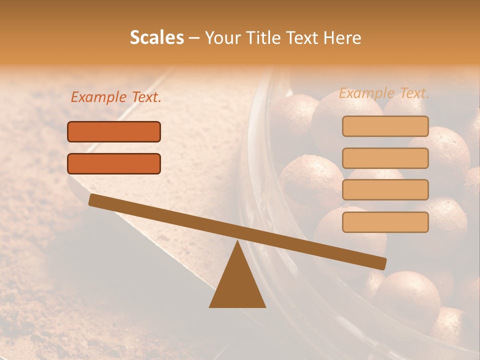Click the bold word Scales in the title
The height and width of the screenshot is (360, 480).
click(x=156, y=37)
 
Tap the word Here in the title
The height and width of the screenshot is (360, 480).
click(x=342, y=37)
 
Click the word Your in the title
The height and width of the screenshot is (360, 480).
click(x=223, y=38)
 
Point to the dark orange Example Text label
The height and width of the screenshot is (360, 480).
click(x=116, y=97)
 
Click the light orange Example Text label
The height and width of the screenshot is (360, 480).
click(x=384, y=93)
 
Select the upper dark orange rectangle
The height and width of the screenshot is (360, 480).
click(x=114, y=131)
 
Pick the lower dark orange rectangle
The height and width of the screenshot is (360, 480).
click(x=114, y=163)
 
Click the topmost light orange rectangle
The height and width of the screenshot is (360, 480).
click(x=385, y=126)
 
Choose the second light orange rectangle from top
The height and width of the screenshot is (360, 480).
click(x=385, y=158)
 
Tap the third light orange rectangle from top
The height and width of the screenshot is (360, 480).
click(x=385, y=189)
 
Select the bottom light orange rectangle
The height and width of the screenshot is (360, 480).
click(x=385, y=222)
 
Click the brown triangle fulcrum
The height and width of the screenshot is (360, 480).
click(x=237, y=285)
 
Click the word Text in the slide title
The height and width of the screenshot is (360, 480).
click(x=304, y=37)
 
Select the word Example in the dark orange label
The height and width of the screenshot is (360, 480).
click(x=99, y=97)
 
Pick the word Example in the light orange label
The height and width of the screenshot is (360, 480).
click(x=367, y=93)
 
